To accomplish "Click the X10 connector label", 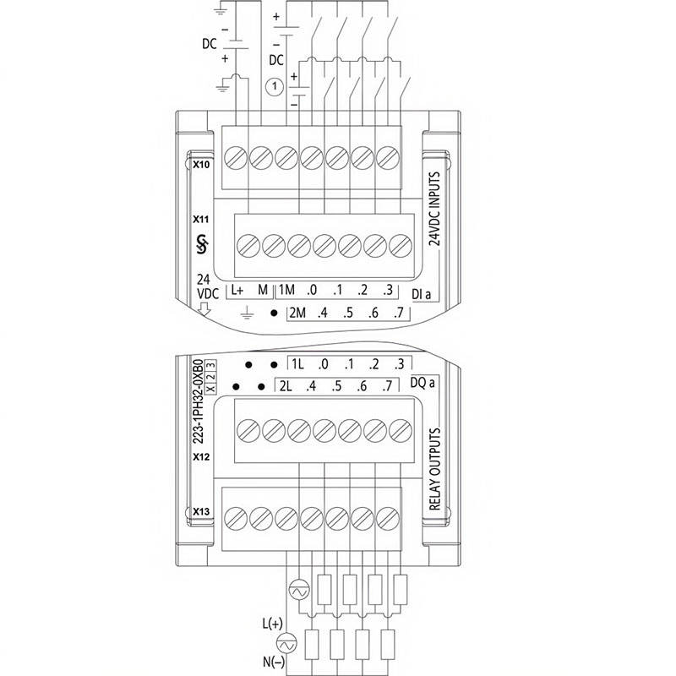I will tap(201, 165).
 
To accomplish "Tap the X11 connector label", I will tap(201, 219).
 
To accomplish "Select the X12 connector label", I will tap(201, 457).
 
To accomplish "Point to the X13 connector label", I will tap(201, 511).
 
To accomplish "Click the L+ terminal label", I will tap(237, 291).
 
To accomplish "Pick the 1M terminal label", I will tap(286, 291).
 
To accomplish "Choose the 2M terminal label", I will tap(297, 313).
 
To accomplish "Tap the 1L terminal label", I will tap(297, 365).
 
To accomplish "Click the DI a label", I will tap(422, 294).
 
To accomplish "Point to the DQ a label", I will tap(422, 383).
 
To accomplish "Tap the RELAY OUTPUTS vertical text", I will tap(436, 470).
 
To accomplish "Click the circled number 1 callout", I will tap(274, 85).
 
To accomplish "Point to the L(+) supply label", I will tap(272, 624).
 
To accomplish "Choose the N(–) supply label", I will tap(271, 662).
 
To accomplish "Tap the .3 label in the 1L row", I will tap(399, 365).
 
